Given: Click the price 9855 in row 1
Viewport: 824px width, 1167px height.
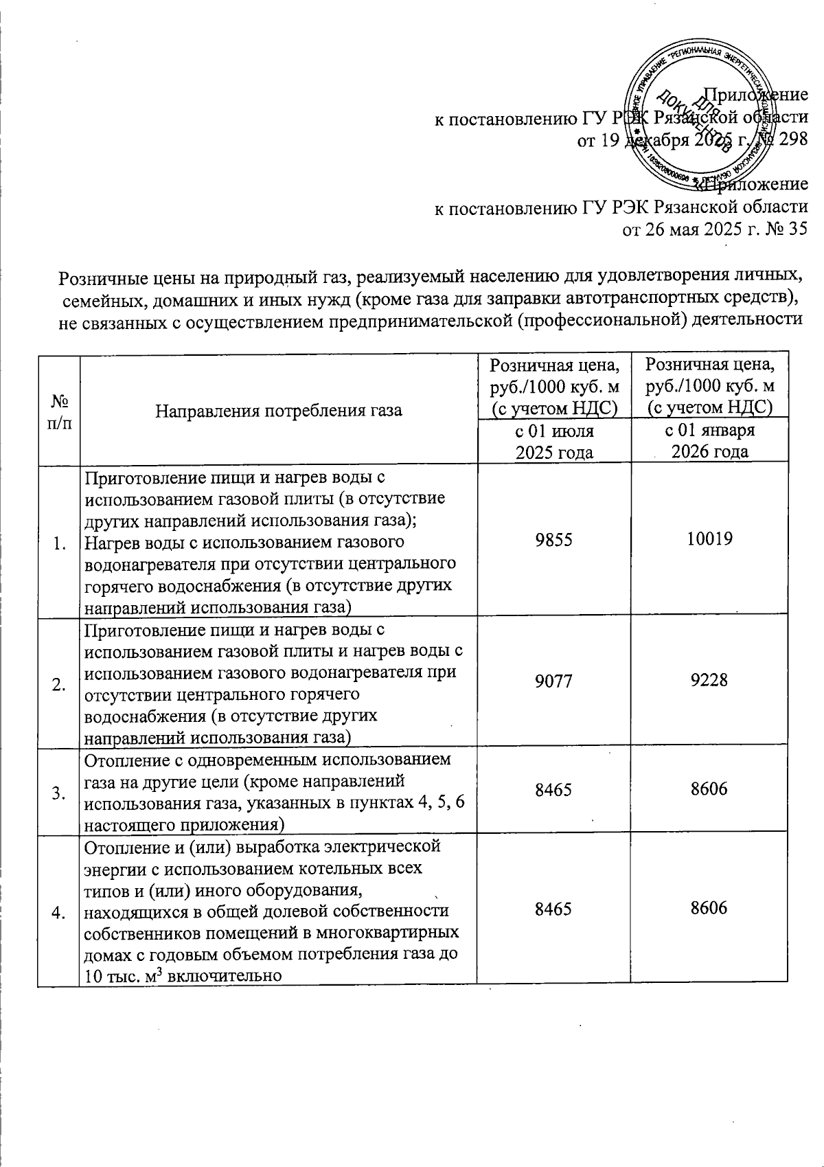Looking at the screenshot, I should (x=553, y=539).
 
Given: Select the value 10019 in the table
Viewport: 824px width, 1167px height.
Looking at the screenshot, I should (x=709, y=539).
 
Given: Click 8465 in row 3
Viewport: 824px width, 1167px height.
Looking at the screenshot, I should (x=553, y=790).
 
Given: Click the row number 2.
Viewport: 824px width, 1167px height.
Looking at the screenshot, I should (x=59, y=685).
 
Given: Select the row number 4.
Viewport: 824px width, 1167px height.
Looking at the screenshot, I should (x=59, y=911).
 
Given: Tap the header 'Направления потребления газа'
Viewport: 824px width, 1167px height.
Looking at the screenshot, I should (x=278, y=411).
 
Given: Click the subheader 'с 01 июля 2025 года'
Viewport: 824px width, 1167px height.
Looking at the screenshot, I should (x=553, y=442).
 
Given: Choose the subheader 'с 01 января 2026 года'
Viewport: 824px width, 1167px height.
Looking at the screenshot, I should (x=709, y=442).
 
